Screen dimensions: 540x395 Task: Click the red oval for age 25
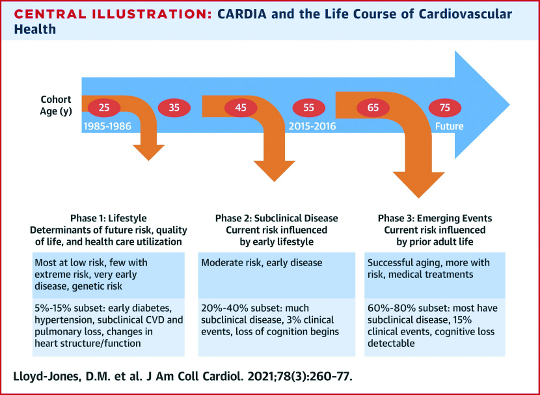(x=104, y=108)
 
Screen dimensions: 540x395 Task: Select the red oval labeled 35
(x=174, y=108)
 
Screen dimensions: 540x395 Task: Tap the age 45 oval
(x=241, y=108)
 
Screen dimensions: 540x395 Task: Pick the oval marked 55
(x=309, y=108)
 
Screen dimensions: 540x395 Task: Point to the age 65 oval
(x=373, y=108)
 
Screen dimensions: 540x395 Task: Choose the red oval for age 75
(x=445, y=108)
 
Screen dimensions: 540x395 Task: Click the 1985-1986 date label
(x=107, y=126)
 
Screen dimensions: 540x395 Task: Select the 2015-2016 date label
(x=312, y=126)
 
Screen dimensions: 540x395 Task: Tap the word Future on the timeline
(x=450, y=126)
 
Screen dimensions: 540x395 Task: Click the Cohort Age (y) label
(x=56, y=105)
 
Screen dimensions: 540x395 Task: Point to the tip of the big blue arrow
(x=509, y=105)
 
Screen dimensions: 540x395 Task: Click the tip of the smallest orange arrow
(x=149, y=161)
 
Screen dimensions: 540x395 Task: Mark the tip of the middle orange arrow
(x=275, y=182)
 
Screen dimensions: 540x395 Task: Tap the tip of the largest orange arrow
(x=419, y=198)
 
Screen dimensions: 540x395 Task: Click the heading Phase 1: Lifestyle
(x=109, y=219)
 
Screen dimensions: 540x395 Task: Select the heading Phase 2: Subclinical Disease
(x=277, y=219)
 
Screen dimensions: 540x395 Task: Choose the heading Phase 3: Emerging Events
(x=435, y=219)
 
